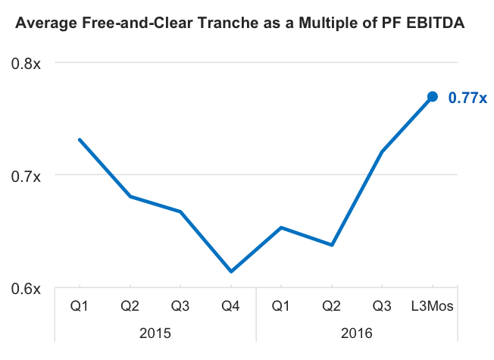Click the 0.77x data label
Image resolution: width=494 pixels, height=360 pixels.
tap(467, 98)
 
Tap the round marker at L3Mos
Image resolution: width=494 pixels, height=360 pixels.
tap(433, 96)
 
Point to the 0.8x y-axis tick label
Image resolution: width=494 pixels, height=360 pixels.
tap(26, 64)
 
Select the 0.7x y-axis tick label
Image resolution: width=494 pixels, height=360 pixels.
tap(26, 177)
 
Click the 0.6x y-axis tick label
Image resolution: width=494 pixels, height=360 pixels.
tap(26, 289)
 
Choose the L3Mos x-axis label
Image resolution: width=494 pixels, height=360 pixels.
tap(432, 305)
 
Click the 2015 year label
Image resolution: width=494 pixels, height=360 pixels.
tap(155, 333)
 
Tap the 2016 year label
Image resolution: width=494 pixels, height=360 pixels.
tap(357, 333)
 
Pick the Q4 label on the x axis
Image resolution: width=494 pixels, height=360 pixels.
tap(230, 305)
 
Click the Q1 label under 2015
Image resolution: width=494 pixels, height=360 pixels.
tap(80, 305)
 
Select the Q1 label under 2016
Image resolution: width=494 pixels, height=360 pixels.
tap(281, 305)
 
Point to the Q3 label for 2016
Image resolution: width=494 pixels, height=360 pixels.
tap(382, 305)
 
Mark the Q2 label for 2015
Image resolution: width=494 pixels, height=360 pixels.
tap(130, 305)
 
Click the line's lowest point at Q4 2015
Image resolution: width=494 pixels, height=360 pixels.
tap(231, 271)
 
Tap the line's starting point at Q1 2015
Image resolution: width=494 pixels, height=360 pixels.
tap(80, 139)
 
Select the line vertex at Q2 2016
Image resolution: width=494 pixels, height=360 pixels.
tap(332, 245)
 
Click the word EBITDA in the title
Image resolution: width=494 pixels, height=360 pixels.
tap(436, 23)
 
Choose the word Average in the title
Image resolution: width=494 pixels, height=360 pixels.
tap(46, 23)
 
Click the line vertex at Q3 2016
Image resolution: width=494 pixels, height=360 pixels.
tap(382, 152)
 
